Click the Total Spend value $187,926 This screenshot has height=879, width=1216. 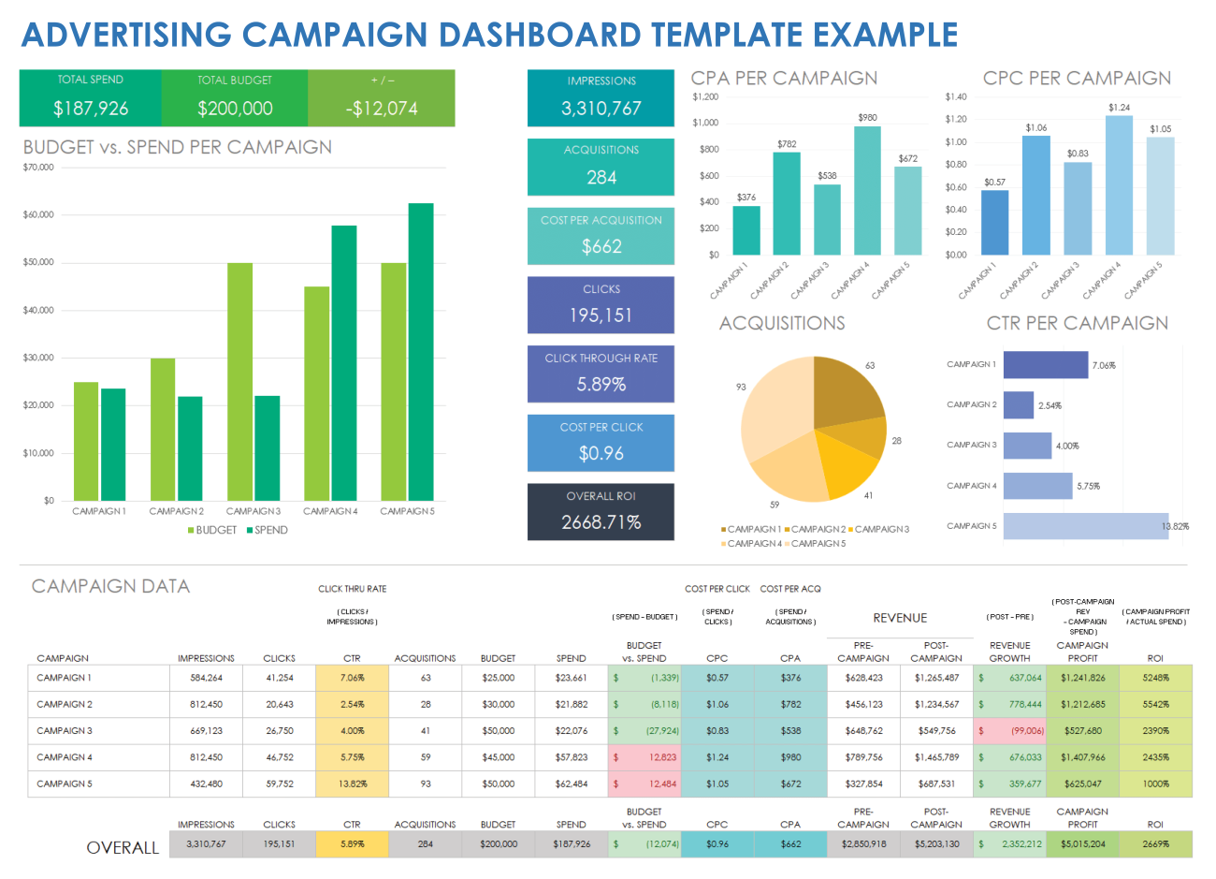91,109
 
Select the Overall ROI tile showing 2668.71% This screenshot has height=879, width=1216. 601,512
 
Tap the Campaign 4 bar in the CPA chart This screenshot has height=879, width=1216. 867,191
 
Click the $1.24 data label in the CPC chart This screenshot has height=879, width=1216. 1119,108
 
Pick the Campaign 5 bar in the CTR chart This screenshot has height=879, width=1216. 1085,526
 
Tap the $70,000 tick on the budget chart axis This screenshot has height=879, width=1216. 38,168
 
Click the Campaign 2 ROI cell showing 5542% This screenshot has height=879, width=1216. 1155,704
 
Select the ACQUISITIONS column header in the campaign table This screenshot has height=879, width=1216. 425,658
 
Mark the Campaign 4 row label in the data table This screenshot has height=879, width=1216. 65,757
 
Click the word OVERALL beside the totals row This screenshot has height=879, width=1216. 123,847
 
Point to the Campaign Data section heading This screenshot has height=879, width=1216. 110,586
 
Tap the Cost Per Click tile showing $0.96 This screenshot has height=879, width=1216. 601,443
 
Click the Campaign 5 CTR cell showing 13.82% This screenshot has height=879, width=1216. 352,784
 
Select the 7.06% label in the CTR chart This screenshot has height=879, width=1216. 1104,365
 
